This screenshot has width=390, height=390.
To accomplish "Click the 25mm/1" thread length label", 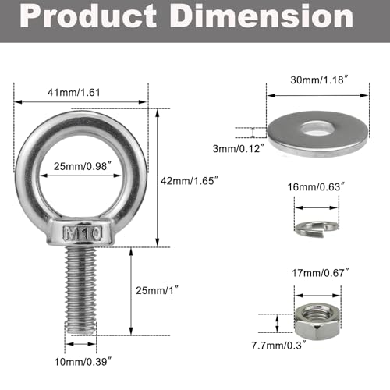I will click(x=152, y=290).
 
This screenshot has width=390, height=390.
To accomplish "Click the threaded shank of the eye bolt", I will click(x=81, y=289).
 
